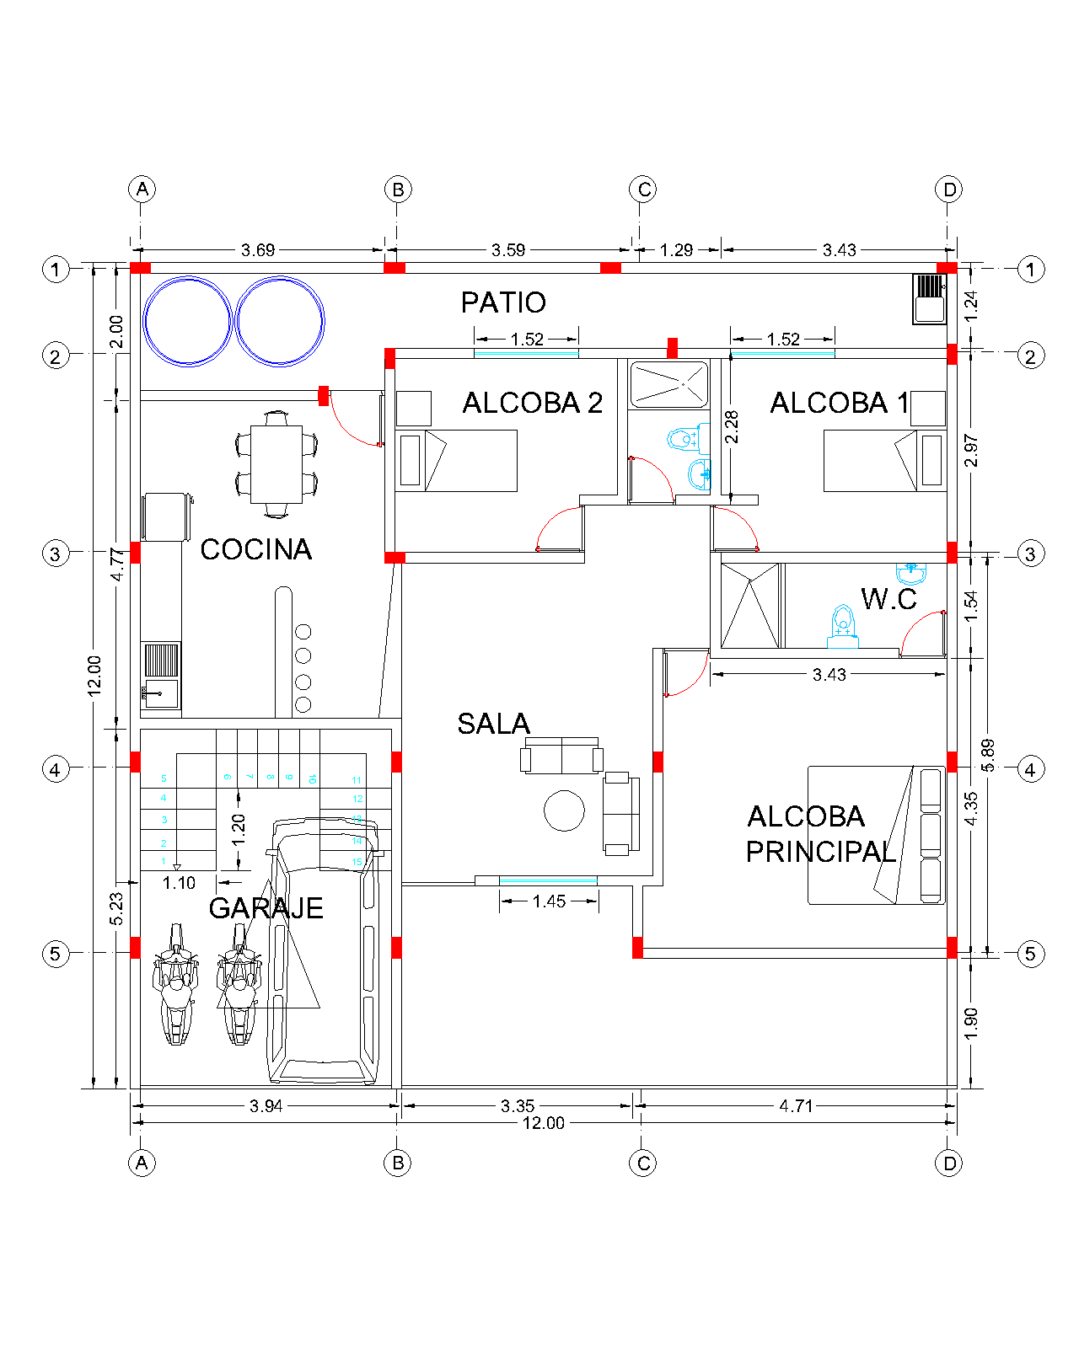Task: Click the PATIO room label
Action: coord(503,302)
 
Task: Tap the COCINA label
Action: coord(256,549)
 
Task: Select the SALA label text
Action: coord(494,724)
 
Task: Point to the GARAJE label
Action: coord(266,908)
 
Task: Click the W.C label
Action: coord(888,599)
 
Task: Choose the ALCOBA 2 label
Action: coord(533,404)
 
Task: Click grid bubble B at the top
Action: coord(398,190)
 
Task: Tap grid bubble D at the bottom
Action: coord(949,1163)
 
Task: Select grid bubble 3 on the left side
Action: coord(56,554)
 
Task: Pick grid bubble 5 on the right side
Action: coord(1030,954)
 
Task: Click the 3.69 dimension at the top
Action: coord(258,250)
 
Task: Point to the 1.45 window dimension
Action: coord(549,901)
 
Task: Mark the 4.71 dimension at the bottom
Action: coord(796,1106)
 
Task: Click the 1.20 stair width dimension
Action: coord(239,829)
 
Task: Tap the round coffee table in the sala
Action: coord(564,810)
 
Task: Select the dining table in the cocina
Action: coord(276,464)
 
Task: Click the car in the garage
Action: coord(323,952)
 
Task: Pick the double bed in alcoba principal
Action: coord(877,835)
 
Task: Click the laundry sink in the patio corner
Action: coord(930,299)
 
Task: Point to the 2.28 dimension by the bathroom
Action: coord(732,426)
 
